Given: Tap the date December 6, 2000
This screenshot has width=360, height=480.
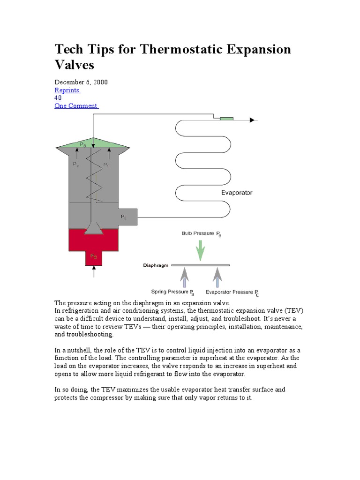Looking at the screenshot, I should point(81,82).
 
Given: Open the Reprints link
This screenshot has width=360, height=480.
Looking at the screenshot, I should point(67,90).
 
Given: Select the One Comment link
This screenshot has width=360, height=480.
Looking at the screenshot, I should point(76,106).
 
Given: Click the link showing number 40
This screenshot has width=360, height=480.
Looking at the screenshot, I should point(58,98).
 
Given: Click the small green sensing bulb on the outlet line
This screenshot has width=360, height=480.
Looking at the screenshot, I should point(227,120).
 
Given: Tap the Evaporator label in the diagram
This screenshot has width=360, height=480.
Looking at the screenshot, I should point(236,193).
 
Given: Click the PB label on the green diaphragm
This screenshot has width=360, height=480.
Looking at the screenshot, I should point(82,145).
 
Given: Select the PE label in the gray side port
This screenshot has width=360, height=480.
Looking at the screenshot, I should point(124,217).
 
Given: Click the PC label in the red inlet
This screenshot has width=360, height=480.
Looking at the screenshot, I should point(94,256).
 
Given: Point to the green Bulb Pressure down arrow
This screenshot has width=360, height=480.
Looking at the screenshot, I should point(200,250).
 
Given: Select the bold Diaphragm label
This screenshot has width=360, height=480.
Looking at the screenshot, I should point(155,265).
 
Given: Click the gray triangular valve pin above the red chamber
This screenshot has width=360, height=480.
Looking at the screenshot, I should point(94,228).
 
